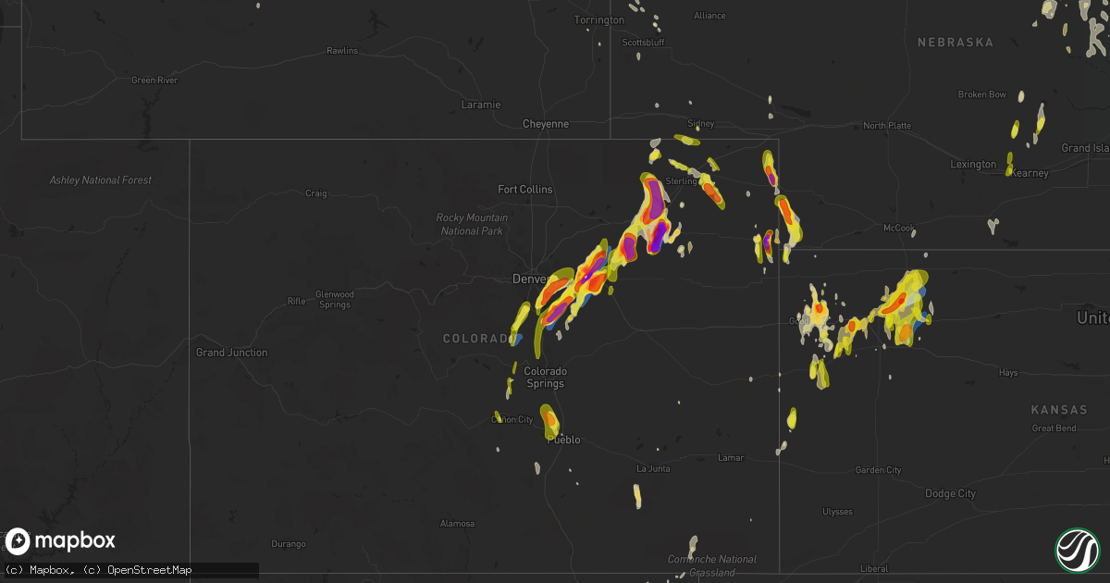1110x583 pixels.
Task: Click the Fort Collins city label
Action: [524, 190]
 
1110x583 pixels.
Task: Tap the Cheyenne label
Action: [546, 124]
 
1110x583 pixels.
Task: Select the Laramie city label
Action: [481, 105]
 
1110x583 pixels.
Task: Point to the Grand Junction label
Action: [231, 353]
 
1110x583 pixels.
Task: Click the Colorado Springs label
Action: [545, 377]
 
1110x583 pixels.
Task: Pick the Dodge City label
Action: [950, 494]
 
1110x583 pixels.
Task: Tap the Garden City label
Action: [878, 470]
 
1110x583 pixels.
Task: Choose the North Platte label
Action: [887, 126]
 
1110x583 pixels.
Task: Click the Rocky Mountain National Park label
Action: [472, 224]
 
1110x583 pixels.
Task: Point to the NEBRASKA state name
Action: [955, 43]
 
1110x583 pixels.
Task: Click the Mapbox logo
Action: [60, 541]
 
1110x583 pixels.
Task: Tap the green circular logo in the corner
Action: [1078, 551]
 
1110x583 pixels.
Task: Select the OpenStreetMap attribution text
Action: [149, 570]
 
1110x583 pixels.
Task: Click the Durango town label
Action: [288, 544]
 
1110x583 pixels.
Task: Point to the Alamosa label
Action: [457, 524]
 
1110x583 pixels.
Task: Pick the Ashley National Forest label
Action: [101, 180]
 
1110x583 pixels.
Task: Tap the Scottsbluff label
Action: [644, 43]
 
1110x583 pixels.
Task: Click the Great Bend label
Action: [1054, 428]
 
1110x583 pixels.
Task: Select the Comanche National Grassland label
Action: [712, 565]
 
